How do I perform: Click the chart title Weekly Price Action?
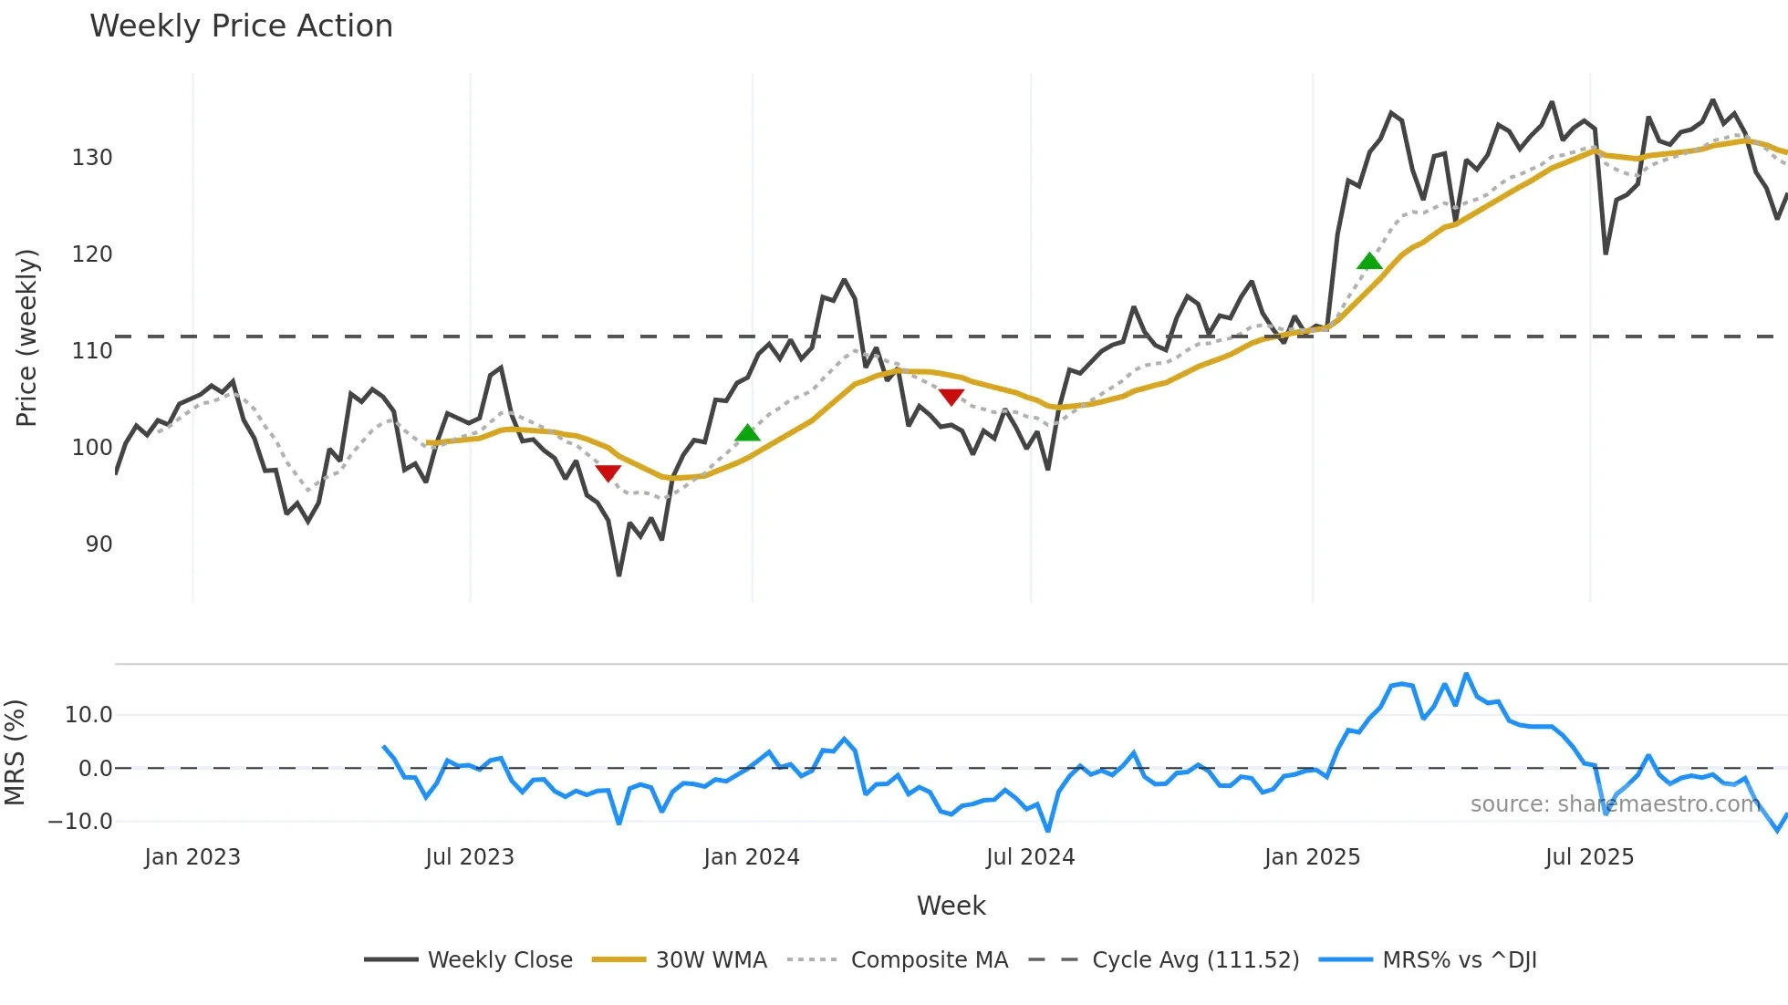click(241, 26)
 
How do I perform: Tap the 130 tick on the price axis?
click(92, 158)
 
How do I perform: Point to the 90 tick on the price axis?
click(99, 544)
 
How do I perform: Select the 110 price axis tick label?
click(92, 351)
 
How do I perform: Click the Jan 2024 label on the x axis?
click(751, 857)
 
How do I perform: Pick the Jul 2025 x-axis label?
click(1589, 857)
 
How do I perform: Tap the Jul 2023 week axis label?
click(470, 857)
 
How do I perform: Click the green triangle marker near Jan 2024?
click(747, 433)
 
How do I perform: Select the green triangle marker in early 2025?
click(1369, 262)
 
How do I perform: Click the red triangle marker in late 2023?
click(608, 472)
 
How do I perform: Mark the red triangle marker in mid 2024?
click(951, 397)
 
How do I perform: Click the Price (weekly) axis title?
click(27, 337)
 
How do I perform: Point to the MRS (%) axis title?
click(15, 752)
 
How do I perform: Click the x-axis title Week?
click(951, 906)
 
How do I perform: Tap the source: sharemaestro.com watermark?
click(1615, 804)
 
